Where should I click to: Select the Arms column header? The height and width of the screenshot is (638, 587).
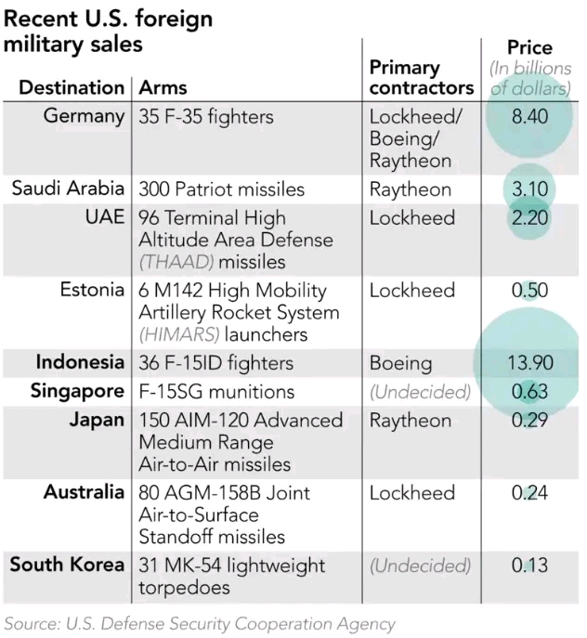point(163,88)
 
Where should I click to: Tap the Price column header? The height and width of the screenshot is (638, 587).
point(529,47)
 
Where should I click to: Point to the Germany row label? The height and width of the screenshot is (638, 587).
point(84,117)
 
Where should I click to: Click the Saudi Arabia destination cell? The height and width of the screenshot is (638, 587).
point(68,189)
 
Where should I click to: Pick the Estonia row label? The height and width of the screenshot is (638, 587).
point(91,290)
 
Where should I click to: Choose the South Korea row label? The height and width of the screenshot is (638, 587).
point(67,565)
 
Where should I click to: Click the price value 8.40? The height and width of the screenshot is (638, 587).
point(529,117)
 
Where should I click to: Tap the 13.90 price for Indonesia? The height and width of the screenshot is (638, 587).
point(529,363)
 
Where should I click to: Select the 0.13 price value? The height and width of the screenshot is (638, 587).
point(529,566)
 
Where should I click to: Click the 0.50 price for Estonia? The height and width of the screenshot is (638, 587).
point(529,291)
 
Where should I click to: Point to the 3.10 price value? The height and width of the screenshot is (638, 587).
point(529,189)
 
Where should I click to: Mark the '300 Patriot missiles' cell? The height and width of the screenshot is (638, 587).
point(221,189)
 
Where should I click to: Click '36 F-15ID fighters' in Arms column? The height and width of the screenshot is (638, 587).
point(215,363)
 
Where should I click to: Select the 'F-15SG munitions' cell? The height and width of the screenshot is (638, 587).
point(215,392)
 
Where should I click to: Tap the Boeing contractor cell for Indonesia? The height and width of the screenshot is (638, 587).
point(400,363)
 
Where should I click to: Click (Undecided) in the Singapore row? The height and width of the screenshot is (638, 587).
point(420,392)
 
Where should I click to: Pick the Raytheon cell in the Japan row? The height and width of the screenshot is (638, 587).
point(410,421)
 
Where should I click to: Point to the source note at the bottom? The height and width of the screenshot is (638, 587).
point(200,623)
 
